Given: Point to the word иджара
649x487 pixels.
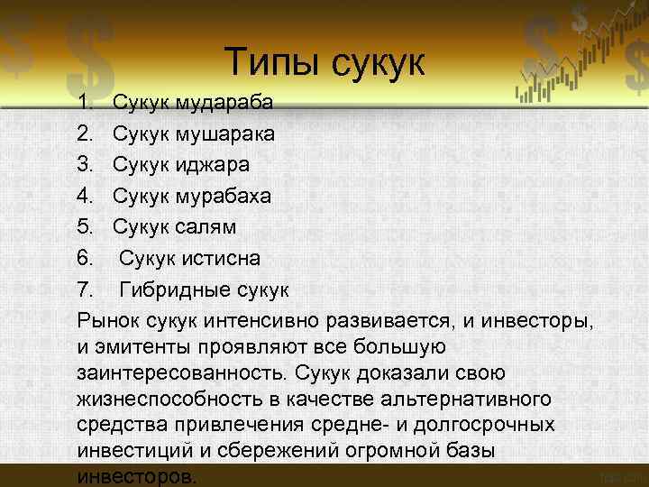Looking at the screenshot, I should click(213, 165).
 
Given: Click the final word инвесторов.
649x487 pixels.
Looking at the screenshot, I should click(136, 476).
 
